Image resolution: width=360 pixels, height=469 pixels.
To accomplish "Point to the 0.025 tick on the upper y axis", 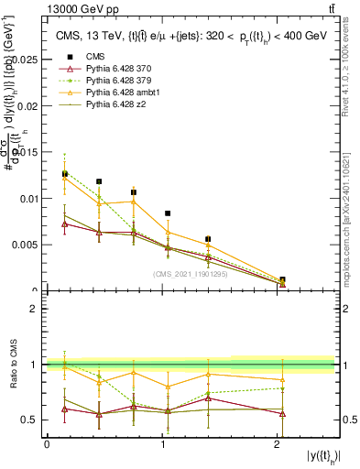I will pyautogui.click(x=26, y=59).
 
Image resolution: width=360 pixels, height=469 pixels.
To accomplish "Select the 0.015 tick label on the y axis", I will pyautogui.click(x=26, y=152).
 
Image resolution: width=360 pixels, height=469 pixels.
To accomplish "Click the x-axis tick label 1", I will pyautogui.click(x=162, y=444).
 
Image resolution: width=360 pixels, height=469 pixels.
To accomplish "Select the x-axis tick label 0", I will pyautogui.click(x=47, y=444).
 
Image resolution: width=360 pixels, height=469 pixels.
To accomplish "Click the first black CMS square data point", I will pyautogui.click(x=64, y=174).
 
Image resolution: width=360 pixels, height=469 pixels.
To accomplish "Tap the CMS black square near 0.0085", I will pyautogui.click(x=168, y=213).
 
